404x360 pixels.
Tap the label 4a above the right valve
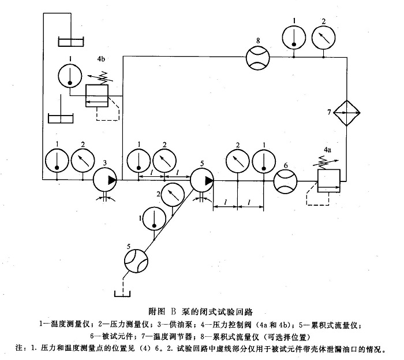(327, 149)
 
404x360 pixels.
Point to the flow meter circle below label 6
(285, 180)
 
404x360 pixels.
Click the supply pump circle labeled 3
(104, 180)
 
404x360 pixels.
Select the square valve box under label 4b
(96, 95)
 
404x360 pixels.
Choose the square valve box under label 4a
(328, 180)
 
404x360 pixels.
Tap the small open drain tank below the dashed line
(123, 292)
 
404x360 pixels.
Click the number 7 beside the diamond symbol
(329, 113)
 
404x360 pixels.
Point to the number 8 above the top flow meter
(257, 40)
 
